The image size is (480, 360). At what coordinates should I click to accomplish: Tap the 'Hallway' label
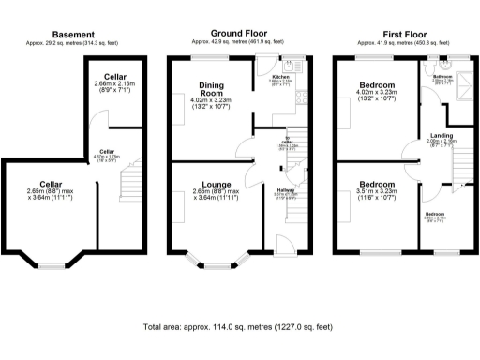(x=286, y=191)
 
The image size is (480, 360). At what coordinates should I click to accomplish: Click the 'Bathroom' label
(x=442, y=77)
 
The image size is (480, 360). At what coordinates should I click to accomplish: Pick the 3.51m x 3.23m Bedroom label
(x=378, y=184)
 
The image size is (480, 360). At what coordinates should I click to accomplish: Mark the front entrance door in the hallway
(x=280, y=247)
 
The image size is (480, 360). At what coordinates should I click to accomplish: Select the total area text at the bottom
(x=239, y=328)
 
